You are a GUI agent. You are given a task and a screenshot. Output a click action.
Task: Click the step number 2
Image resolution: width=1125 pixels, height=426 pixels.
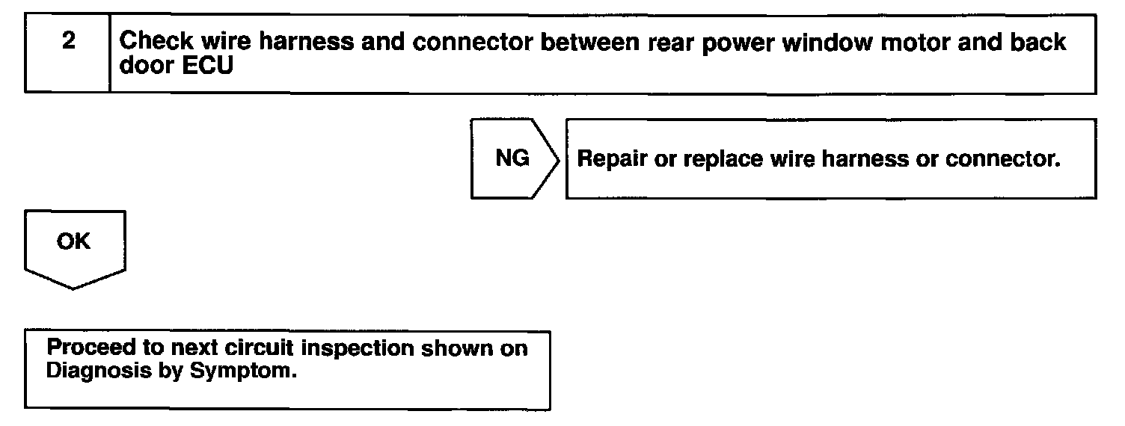coord(69,40)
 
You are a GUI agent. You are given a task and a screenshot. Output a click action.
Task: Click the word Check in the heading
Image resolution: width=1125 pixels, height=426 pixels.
coord(156,41)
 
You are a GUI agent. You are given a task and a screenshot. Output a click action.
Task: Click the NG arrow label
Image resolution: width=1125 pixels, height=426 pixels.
coord(512,158)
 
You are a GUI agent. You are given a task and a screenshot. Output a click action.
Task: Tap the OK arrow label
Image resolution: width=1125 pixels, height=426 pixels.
coord(73,241)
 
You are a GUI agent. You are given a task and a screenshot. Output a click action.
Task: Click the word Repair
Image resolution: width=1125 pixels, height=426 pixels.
coord(612,159)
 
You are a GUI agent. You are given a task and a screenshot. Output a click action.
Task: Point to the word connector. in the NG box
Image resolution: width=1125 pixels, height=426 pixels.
coord(1003,159)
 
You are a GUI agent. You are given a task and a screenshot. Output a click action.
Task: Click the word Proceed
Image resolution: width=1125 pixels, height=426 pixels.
coord(91,348)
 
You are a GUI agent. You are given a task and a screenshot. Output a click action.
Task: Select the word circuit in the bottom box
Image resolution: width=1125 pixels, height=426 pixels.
coord(259,348)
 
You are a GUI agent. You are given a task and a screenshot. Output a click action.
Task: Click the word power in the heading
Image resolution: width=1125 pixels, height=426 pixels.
coord(738,43)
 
